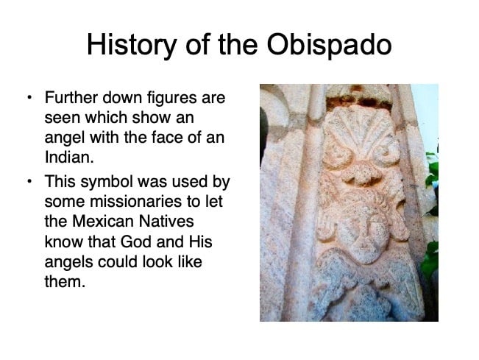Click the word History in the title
tap(132, 46)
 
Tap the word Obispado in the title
tap(329, 44)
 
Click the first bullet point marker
tap(29, 98)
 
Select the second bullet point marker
tap(29, 182)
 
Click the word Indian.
tap(69, 157)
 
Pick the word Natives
tap(166, 222)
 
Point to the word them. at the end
tap(65, 281)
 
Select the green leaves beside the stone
tap(431, 214)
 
